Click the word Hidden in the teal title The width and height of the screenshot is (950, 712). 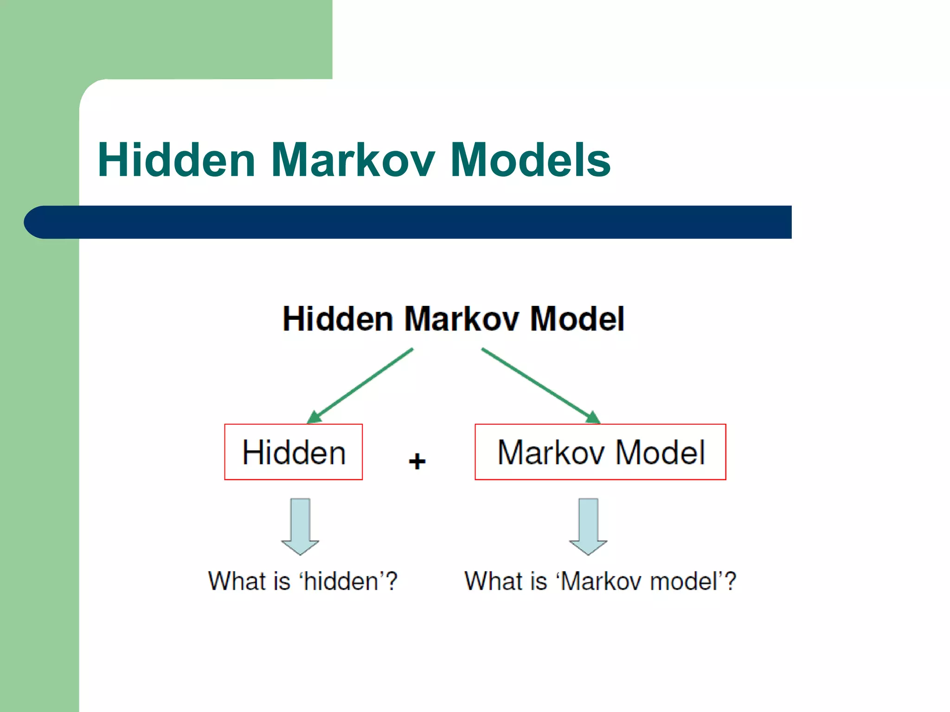coord(177,160)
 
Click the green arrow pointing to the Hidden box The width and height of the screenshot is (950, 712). coord(360,386)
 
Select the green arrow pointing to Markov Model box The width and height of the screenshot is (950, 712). coord(540,386)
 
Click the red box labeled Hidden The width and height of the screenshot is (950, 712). coord(293,452)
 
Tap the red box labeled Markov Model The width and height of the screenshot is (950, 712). coord(600,452)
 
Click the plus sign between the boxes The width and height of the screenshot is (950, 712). coord(417,461)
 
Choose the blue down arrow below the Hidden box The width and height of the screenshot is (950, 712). coord(300,526)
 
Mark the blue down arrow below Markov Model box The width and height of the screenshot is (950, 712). coord(588,526)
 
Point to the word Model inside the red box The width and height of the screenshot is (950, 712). coord(661,452)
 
